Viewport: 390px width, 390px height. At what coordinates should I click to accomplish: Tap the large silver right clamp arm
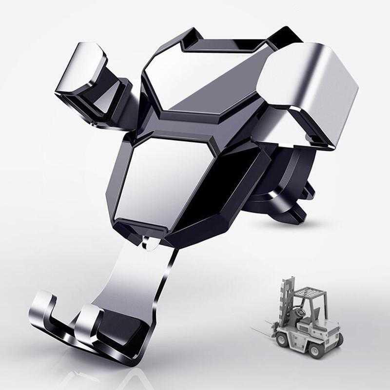[307, 93]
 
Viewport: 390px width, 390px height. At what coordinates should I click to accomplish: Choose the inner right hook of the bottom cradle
[90, 319]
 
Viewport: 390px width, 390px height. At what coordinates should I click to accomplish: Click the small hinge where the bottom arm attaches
[151, 243]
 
